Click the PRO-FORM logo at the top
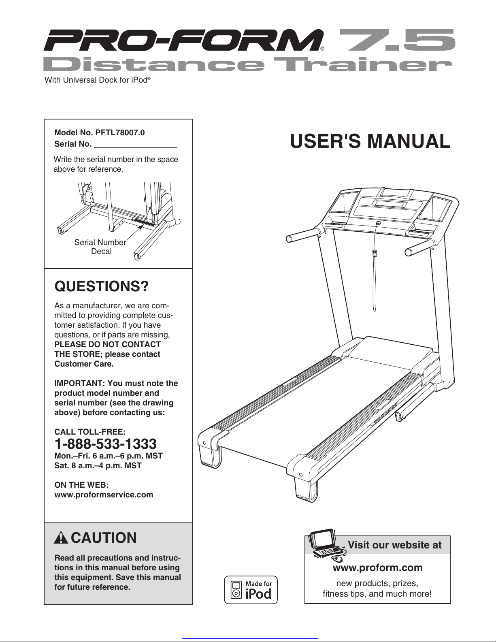(x=182, y=40)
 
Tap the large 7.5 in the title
(x=397, y=40)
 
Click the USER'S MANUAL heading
(x=370, y=141)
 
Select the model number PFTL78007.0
(x=120, y=132)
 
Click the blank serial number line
(x=136, y=145)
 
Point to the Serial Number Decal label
(x=100, y=247)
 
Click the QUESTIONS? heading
(x=102, y=286)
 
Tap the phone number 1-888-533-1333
(x=105, y=444)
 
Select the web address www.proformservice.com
(x=104, y=495)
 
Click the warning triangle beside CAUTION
(x=60, y=538)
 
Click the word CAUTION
(x=104, y=538)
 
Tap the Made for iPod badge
(x=251, y=590)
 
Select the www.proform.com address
(x=377, y=567)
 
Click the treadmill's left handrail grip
(x=302, y=235)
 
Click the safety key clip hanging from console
(x=375, y=254)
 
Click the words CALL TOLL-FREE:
(x=90, y=432)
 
